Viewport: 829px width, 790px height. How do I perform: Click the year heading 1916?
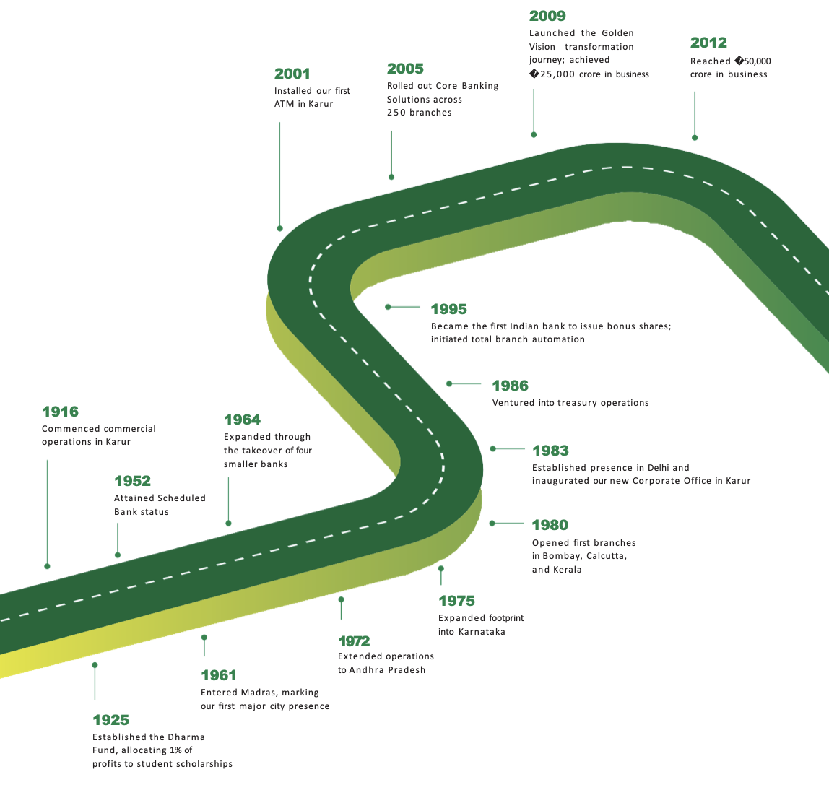[x=60, y=412]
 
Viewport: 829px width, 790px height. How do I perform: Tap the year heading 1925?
[x=110, y=720]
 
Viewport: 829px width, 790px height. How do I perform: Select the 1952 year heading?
[x=132, y=481]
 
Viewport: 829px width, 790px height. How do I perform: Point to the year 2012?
[x=708, y=43]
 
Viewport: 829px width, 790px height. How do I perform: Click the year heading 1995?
[x=448, y=309]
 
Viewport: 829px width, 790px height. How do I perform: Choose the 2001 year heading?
[x=292, y=74]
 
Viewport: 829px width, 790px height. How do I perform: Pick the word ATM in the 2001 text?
[x=284, y=104]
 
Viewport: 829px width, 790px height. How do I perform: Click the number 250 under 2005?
[x=396, y=113]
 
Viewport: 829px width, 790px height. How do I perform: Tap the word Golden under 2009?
[x=617, y=33]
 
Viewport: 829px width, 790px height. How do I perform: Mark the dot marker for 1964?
[x=228, y=523]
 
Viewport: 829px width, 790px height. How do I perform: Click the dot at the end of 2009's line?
[x=534, y=134]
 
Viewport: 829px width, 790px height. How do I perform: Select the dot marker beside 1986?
[x=449, y=383]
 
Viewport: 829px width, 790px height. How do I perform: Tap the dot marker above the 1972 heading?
[x=341, y=599]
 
